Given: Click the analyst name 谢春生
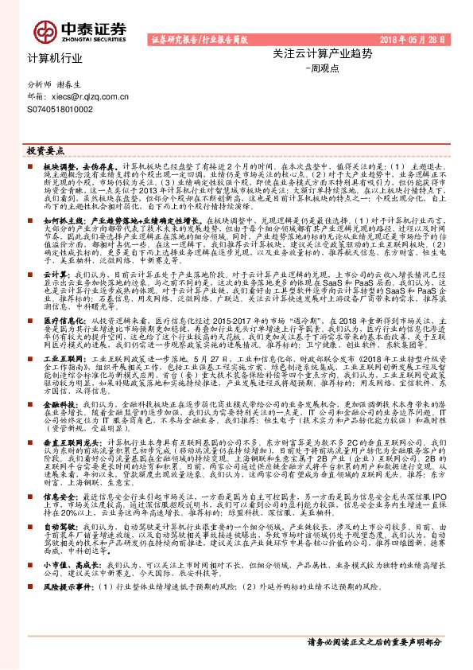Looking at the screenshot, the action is (72, 83).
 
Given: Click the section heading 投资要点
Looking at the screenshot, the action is (45, 150).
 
